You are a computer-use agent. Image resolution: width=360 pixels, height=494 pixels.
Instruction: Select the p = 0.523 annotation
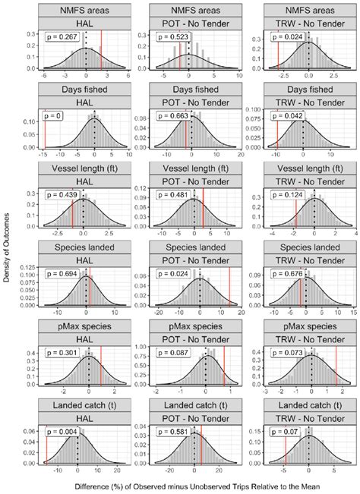pos(175,36)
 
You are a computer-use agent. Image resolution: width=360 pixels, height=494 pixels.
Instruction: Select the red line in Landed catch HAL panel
pos(46,448)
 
